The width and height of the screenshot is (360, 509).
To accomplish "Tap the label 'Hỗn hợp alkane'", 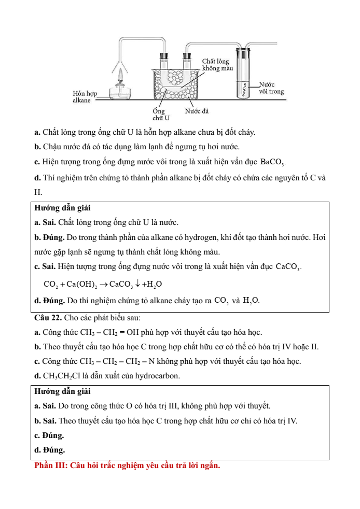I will point(85,96).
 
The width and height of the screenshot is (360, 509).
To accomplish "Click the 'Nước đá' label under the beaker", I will point(197,111).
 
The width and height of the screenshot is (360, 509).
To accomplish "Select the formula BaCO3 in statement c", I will point(272,162).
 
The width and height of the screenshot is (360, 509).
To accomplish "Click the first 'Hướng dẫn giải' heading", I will point(62,208).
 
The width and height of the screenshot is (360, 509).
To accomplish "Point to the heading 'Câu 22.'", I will point(48,317).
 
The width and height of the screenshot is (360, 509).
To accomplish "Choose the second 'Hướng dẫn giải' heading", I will point(62,391).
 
